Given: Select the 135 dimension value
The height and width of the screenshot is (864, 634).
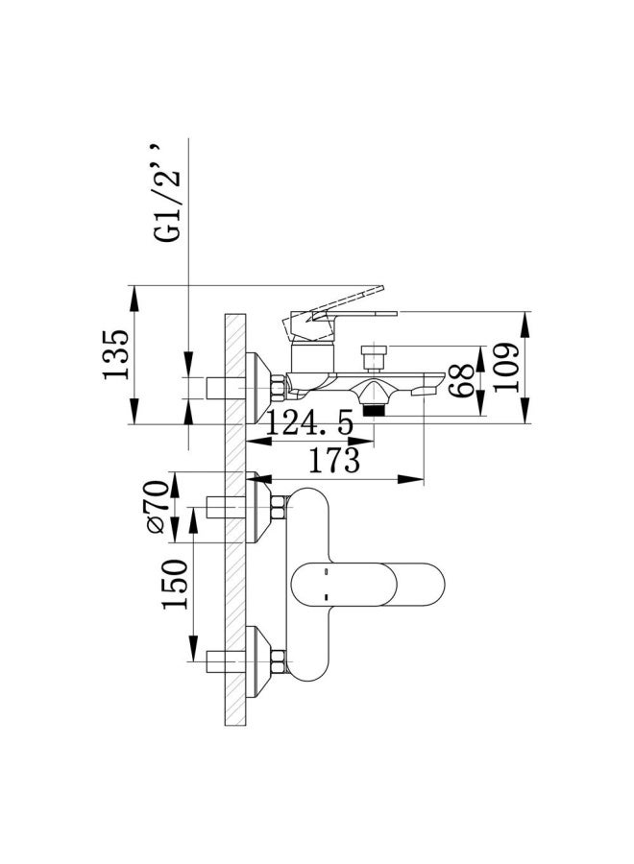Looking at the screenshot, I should click(x=116, y=355).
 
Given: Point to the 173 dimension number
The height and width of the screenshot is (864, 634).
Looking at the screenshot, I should click(x=333, y=461).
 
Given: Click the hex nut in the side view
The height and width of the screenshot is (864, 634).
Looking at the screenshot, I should click(x=279, y=389).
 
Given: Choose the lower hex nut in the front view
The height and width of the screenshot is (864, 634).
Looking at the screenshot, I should click(x=279, y=660).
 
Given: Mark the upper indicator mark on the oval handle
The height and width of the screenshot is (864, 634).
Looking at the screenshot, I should click(x=326, y=573).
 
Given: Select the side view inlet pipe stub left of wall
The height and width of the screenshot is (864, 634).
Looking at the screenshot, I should click(x=221, y=388).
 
